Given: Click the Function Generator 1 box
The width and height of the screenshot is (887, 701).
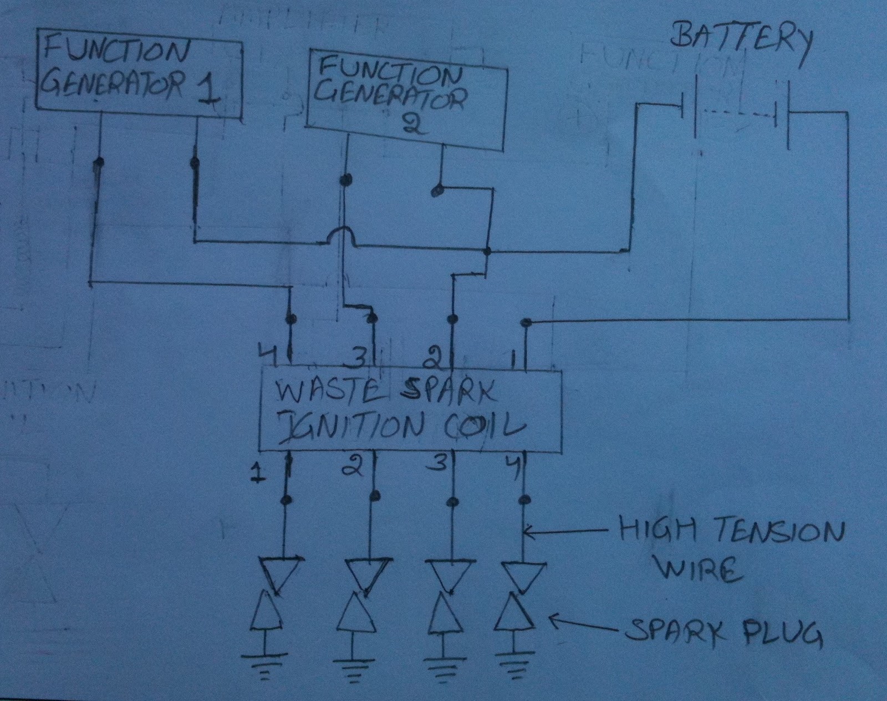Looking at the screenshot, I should coord(139,72).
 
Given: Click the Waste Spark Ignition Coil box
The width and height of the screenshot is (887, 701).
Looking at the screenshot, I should coord(410,409).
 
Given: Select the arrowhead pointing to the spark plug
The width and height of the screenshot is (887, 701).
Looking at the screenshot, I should coord(554,622).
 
